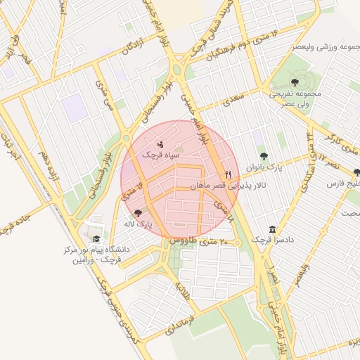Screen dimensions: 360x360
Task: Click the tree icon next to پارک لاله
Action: point(137,212)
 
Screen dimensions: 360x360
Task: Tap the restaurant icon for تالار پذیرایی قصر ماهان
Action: point(228,174)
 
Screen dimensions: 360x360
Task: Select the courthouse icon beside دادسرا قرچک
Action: point(272,230)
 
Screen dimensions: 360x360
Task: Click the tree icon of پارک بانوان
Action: point(264,156)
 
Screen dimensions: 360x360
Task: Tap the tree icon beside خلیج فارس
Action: point(357,172)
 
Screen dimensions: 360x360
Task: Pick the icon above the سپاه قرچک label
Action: point(160,143)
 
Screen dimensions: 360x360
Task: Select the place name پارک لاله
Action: point(141,224)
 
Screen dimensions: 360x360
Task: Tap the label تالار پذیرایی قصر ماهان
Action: point(220,186)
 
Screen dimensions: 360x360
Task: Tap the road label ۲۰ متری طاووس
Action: point(199,241)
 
